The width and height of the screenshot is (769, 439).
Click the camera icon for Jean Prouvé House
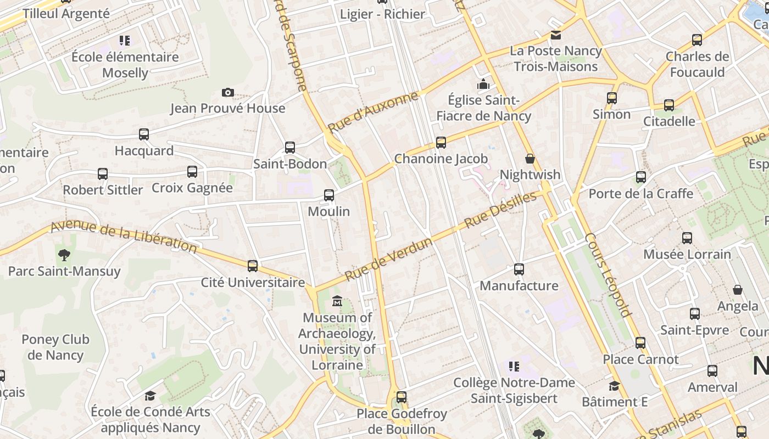coord(228,92)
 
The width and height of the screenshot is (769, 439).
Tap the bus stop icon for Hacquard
coord(144,134)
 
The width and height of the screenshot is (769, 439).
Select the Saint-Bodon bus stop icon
coord(290,147)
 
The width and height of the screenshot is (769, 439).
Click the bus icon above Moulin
coord(329,195)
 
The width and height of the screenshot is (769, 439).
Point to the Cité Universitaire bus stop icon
coord(253,266)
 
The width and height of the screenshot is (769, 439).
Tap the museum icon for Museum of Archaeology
coord(337,301)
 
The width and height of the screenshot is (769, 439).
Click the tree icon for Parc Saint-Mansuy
coord(64,255)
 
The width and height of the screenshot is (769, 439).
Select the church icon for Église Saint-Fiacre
coord(483,84)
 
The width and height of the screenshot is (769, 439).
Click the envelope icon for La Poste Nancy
coord(556,35)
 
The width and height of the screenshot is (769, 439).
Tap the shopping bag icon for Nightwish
coord(530,159)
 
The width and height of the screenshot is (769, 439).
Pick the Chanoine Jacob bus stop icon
coord(441,143)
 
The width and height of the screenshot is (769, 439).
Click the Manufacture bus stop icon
coord(519,269)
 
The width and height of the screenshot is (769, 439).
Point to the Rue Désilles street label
coord(500,210)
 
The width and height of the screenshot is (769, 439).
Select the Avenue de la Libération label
coord(124,237)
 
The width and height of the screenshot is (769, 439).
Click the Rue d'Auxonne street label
coord(373,112)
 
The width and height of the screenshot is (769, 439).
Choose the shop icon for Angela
coord(738,290)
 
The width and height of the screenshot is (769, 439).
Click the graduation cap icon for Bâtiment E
coord(615,386)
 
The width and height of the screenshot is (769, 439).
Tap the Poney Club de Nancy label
coord(55,347)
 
